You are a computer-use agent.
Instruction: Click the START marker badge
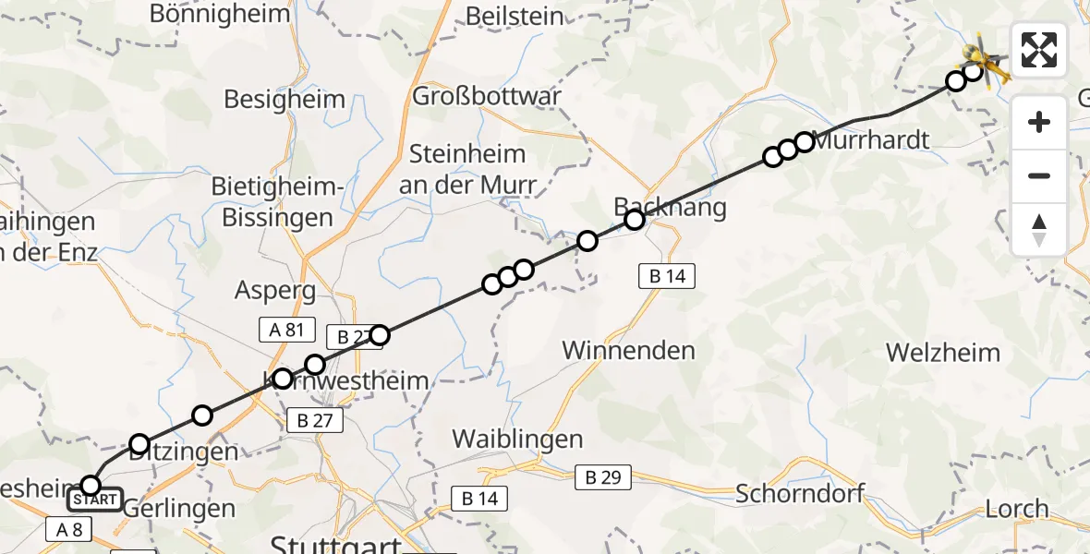tap(94, 500)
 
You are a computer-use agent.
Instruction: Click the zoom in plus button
tap(1039, 123)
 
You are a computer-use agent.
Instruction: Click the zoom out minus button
tap(1039, 175)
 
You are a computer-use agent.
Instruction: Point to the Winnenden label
tap(628, 351)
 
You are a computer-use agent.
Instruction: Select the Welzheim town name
tap(943, 353)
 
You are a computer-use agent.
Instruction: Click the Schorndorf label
tap(800, 493)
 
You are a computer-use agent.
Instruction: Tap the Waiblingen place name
tap(517, 440)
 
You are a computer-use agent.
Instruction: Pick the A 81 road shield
tap(286, 330)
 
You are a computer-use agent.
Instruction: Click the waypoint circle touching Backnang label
tap(634, 220)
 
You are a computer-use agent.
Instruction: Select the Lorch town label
tap(1017, 509)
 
